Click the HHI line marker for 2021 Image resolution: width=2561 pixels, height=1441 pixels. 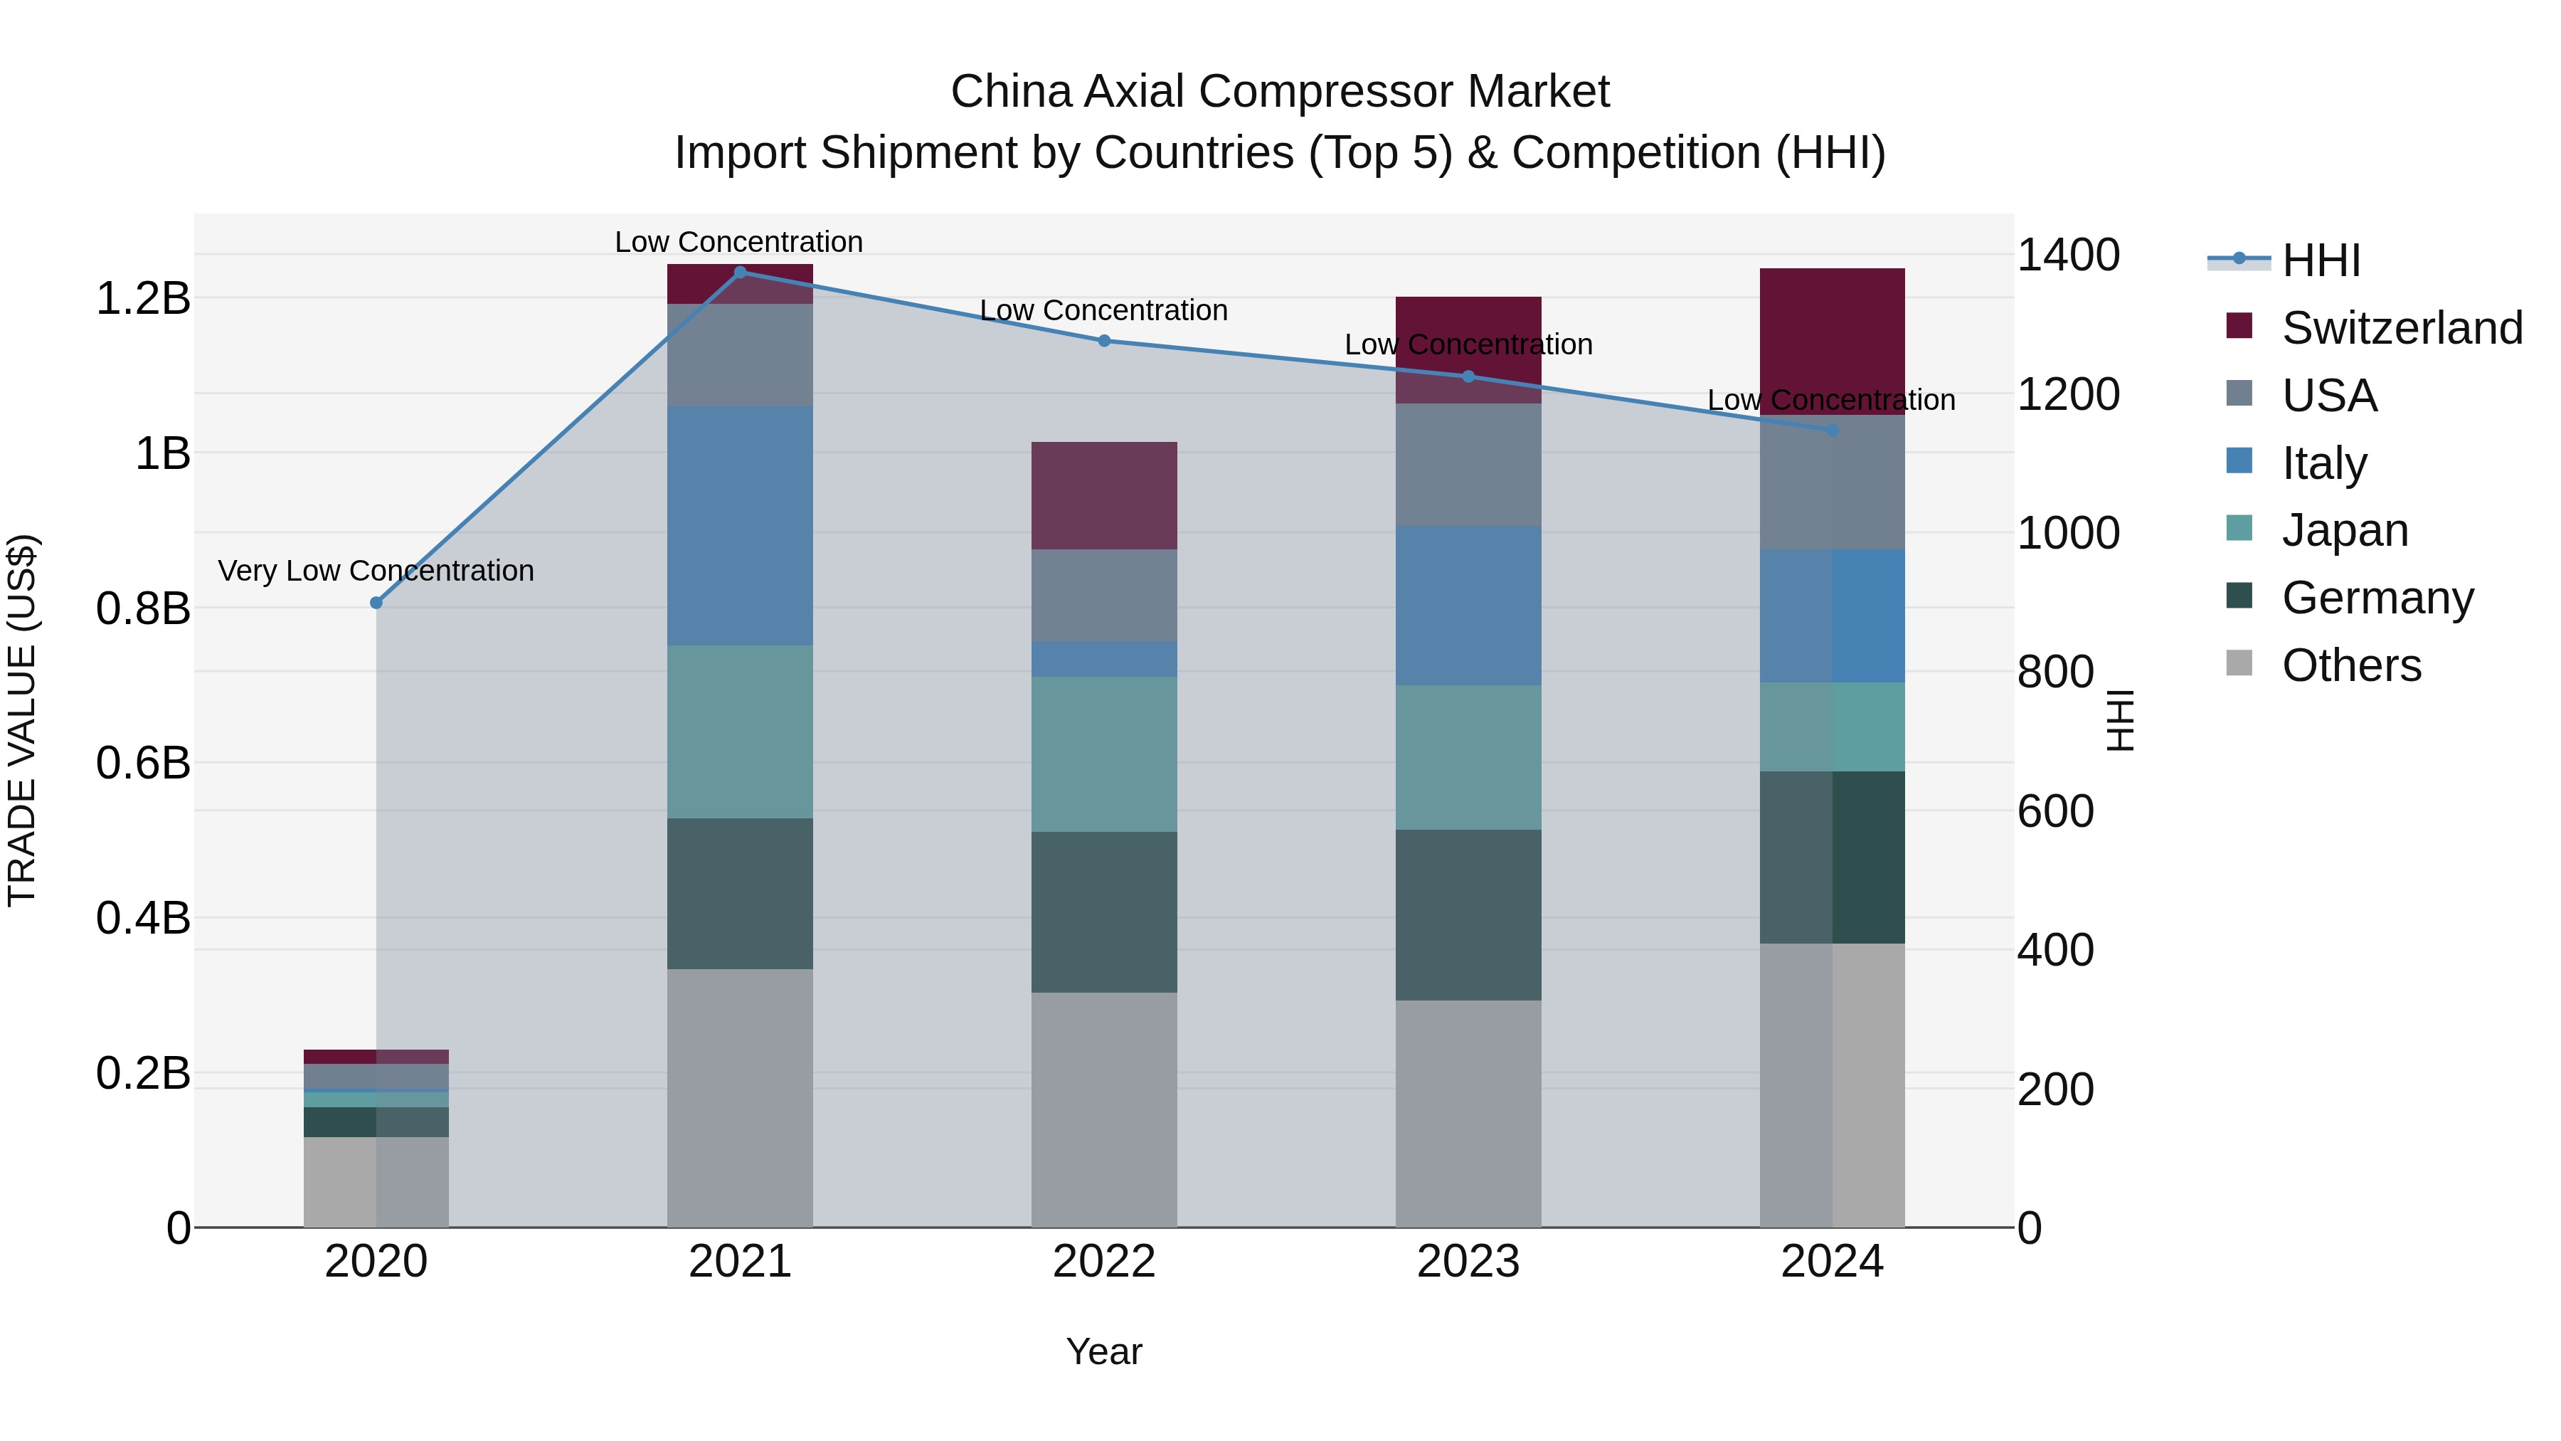coord(740,273)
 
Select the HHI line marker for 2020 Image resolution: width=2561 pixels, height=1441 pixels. coord(376,603)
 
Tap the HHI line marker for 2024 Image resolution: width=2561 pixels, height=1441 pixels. coord(1833,431)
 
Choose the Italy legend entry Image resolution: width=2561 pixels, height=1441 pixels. coord(2323,463)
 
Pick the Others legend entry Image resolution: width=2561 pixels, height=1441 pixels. coord(2350,665)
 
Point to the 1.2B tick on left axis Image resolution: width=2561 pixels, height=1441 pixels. coord(142,298)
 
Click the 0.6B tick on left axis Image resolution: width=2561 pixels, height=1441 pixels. coord(142,764)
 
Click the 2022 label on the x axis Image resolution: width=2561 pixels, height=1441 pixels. coord(1103,1262)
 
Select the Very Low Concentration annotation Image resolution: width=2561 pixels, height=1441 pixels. coord(376,571)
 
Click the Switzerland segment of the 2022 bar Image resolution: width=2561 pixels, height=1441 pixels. coord(1103,495)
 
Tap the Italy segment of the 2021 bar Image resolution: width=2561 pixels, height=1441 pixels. coord(740,525)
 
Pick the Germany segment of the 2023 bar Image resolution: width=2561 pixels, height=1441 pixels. coord(1468,915)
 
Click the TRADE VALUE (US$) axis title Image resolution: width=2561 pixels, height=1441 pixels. coord(22,720)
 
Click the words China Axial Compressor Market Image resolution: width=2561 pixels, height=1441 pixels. coord(1280,92)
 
